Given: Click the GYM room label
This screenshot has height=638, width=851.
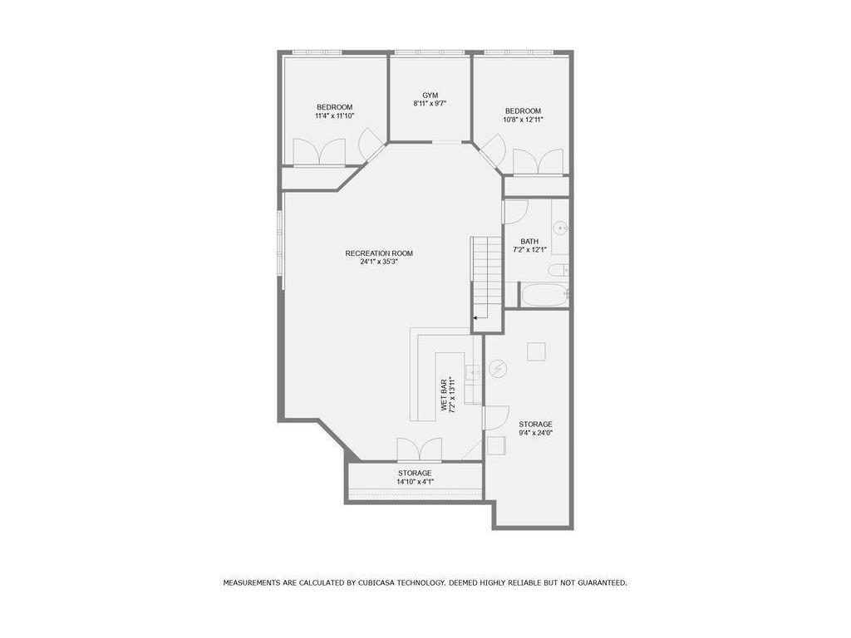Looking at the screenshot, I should click(x=430, y=96).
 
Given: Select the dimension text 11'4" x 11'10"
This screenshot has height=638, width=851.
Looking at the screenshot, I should click(x=334, y=116).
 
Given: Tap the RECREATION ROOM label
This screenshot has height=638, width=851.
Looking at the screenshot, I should click(x=379, y=253).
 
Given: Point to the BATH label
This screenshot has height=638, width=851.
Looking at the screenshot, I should click(x=529, y=242).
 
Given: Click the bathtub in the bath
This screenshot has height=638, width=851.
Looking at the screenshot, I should click(x=544, y=295).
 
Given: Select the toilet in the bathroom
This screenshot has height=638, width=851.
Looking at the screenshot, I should click(x=558, y=269).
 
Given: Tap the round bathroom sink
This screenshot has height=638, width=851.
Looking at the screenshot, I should click(x=561, y=227).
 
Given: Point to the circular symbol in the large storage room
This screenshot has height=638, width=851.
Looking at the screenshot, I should click(x=498, y=368).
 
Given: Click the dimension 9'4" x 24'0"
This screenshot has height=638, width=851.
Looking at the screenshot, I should click(x=535, y=433).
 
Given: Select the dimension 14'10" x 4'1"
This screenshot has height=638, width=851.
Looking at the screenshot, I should click(x=414, y=482).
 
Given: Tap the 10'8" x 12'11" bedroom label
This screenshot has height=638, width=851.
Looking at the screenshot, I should click(x=523, y=120).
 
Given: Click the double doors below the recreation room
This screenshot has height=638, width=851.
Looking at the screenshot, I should click(x=419, y=450).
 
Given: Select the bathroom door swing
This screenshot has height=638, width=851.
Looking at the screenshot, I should click(x=514, y=212).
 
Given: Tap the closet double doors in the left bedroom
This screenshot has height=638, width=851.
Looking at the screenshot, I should click(x=319, y=152).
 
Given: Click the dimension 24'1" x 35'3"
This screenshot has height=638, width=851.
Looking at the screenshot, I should click(x=379, y=263).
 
